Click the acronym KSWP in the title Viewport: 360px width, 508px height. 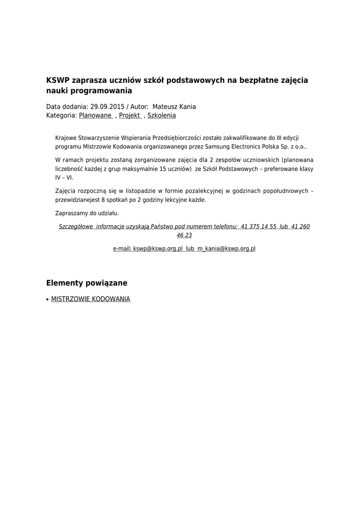pos(58,80)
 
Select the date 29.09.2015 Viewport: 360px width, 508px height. pos(107,107)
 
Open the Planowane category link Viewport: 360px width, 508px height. pos(95,116)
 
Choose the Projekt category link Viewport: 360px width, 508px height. pos(130,116)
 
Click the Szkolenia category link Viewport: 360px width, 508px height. pos(161,116)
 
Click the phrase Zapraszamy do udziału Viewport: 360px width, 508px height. pos(87,213)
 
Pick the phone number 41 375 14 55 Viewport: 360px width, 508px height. pos(258,227)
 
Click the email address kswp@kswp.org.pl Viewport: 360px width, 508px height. pos(158,249)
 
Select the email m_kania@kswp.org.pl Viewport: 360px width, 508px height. pos(226,249)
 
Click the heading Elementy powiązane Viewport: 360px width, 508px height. pos(87,283)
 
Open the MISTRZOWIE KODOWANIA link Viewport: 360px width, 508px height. pos(91,300)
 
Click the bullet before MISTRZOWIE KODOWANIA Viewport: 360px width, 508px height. pos(47,300)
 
